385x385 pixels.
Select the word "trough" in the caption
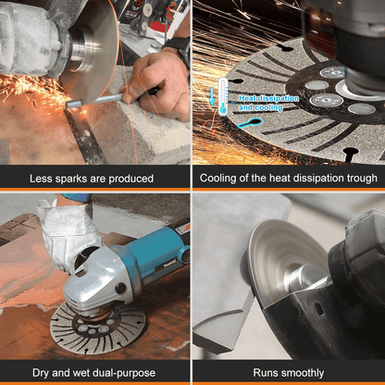pos(360,178)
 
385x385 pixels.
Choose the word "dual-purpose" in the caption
pos(127,371)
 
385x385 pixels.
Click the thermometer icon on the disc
pos(224,95)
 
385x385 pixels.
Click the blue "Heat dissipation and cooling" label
pos(260,102)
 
